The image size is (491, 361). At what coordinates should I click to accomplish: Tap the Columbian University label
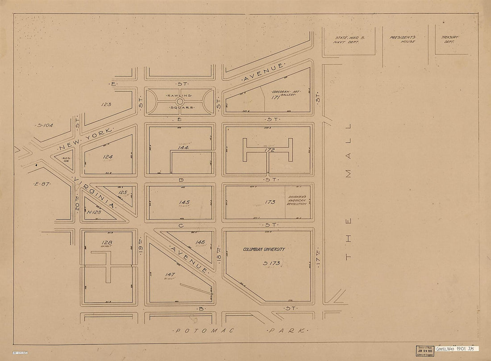click(x=264, y=250)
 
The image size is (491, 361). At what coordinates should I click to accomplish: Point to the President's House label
click(x=402, y=40)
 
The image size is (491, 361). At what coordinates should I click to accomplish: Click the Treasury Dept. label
click(x=450, y=40)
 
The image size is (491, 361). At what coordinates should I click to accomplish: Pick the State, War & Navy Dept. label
click(x=348, y=40)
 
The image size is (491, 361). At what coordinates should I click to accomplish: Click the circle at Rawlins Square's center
click(x=179, y=101)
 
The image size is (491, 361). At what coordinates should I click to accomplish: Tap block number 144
click(x=183, y=147)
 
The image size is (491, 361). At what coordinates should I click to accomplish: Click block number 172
click(x=270, y=150)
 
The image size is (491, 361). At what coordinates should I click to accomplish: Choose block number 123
click(x=106, y=104)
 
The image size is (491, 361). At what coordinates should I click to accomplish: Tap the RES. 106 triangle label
click(x=67, y=159)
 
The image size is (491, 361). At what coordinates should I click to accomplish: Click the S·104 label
click(x=45, y=125)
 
